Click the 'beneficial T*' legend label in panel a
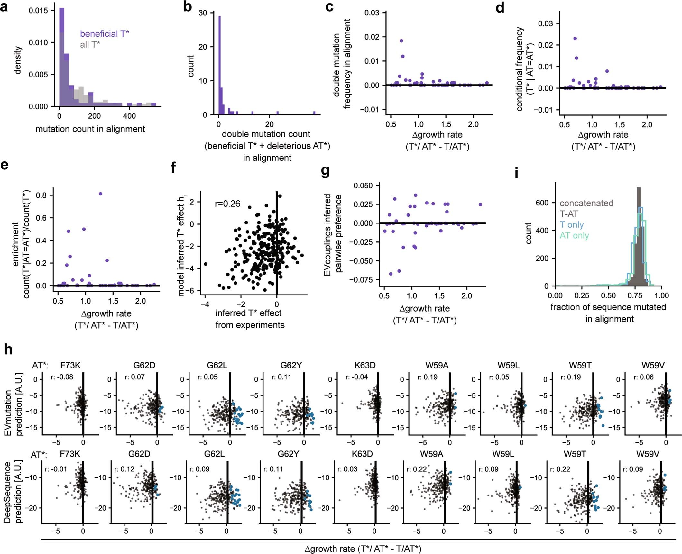point(104,34)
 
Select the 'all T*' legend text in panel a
point(90,44)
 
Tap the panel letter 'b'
point(188,6)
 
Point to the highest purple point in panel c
point(401,41)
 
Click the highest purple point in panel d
point(575,39)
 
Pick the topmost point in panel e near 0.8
point(100,194)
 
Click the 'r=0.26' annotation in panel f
point(227,204)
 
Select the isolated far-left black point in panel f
point(206,264)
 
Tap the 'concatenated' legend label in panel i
point(586,203)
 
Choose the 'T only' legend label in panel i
point(572,225)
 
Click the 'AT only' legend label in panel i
point(574,236)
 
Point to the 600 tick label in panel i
point(542,203)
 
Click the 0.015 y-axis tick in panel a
point(38,11)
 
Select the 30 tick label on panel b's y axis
point(203,13)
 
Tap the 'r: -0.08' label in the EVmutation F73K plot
point(62,377)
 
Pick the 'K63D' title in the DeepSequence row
point(362,454)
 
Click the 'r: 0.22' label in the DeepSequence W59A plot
point(417,469)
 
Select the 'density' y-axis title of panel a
point(18,60)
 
